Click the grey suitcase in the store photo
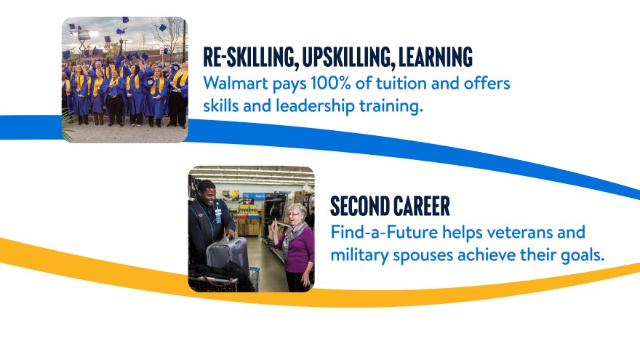tap(228, 253)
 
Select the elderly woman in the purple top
tap(297, 247)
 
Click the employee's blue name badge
tap(218, 216)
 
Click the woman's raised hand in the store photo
tap(275, 227)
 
